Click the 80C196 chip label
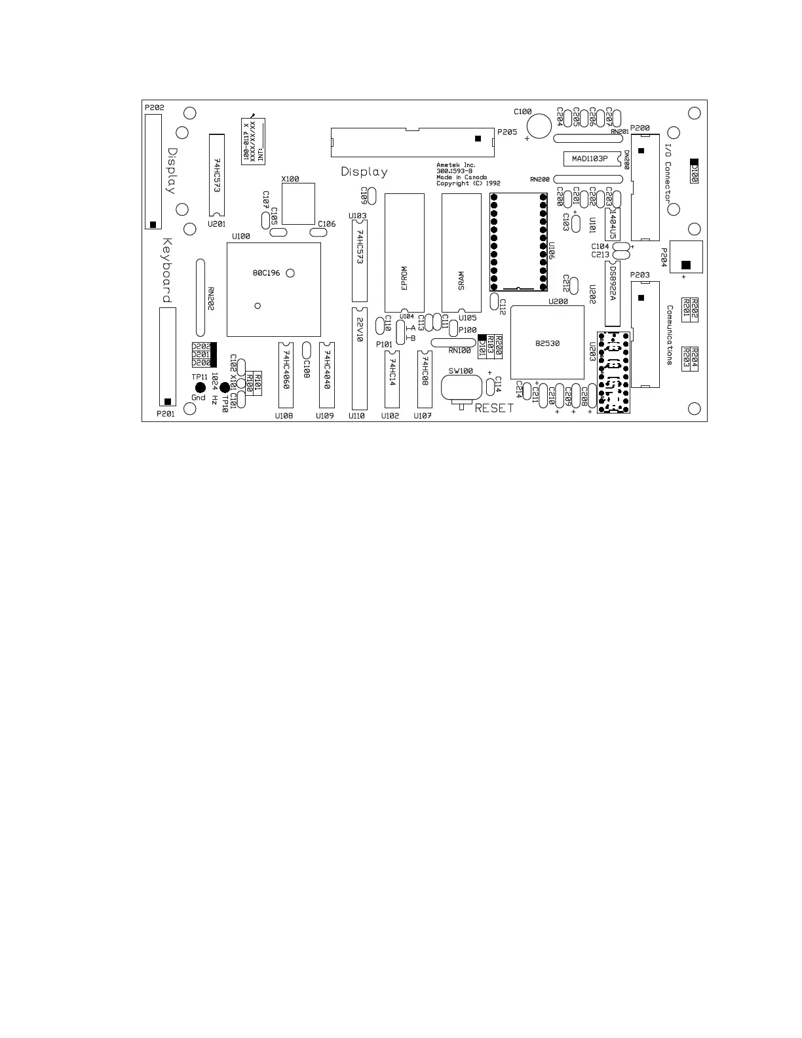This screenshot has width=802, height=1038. pyautogui.click(x=266, y=273)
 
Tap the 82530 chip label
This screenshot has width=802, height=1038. pyautogui.click(x=547, y=343)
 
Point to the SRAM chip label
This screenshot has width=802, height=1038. pyautogui.click(x=461, y=281)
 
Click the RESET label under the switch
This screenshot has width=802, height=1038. pyautogui.click(x=494, y=408)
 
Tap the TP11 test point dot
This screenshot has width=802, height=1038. pyautogui.click(x=200, y=388)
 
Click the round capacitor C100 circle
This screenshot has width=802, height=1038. pyautogui.click(x=539, y=126)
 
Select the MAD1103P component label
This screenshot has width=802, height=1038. pyautogui.click(x=590, y=159)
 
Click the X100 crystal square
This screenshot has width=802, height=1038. pyautogui.click(x=298, y=203)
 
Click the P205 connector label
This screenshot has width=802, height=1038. pyautogui.click(x=507, y=132)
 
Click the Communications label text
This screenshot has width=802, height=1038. pyautogui.click(x=670, y=334)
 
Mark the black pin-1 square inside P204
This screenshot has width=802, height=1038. pyautogui.click(x=685, y=265)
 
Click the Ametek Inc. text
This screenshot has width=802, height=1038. pyautogui.click(x=456, y=165)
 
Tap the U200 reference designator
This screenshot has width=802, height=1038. pyautogui.click(x=558, y=301)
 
